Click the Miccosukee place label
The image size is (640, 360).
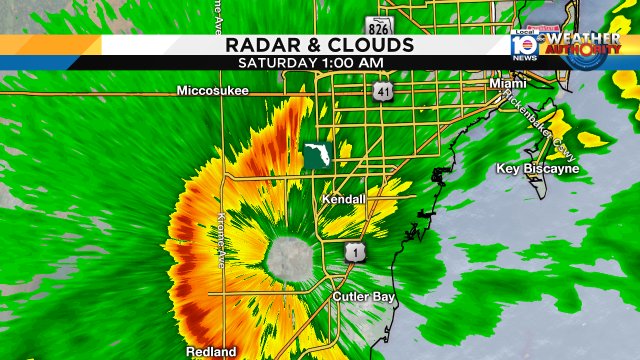click(x=212, y=90)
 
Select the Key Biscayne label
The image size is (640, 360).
click(x=537, y=168)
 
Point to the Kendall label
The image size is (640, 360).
click(x=343, y=200)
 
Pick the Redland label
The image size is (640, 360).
click(x=211, y=351)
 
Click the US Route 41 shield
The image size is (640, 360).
click(x=384, y=92)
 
